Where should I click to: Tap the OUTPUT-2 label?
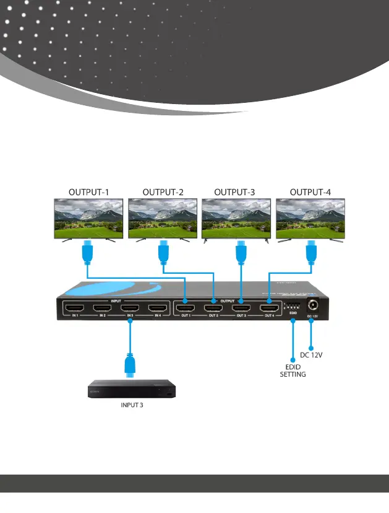[x=163, y=192]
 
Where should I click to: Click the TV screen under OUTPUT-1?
[x=90, y=217]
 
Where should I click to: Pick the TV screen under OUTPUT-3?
[x=237, y=217]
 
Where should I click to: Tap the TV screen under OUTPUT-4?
[x=311, y=217]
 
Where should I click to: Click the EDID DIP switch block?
[x=292, y=307]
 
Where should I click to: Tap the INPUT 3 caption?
[x=131, y=406]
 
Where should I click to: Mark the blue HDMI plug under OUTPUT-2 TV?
[x=163, y=253]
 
